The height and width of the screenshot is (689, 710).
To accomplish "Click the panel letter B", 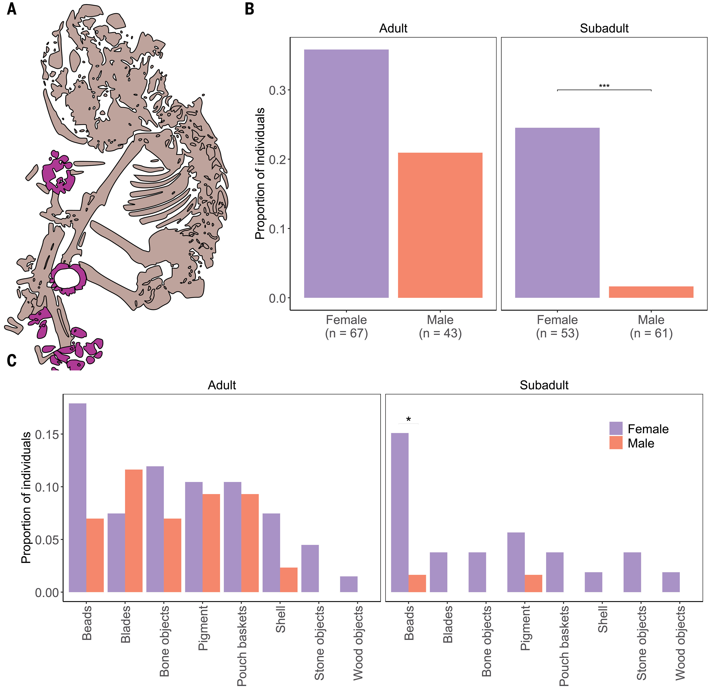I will tap(249, 9).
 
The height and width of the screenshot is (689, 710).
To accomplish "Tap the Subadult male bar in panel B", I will tap(651, 292).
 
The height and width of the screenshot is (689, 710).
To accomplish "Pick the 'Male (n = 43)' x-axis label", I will tap(440, 326).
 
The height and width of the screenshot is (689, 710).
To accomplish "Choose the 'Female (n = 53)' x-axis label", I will tap(557, 326).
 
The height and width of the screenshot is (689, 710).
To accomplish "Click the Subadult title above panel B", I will tap(604, 28).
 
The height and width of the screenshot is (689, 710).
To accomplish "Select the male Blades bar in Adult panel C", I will tap(134, 531).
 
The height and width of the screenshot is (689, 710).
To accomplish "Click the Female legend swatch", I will tap(616, 428).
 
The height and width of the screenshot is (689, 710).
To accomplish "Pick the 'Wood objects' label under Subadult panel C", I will tap(680, 643).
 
